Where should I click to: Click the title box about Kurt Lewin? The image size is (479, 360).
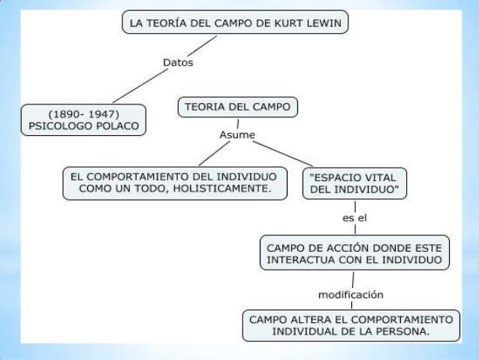pyautogui.click(x=236, y=24)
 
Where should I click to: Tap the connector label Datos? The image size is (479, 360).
pyautogui.click(x=178, y=63)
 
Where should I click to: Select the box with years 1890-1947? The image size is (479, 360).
pyautogui.click(x=83, y=119)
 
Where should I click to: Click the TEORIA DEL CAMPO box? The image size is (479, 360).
pyautogui.click(x=237, y=108)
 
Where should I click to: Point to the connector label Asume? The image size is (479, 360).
pyautogui.click(x=236, y=135)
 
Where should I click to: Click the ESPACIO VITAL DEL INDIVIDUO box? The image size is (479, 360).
pyautogui.click(x=355, y=183)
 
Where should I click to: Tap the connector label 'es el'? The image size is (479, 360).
pyautogui.click(x=354, y=219)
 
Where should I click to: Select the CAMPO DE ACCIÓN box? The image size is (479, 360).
pyautogui.click(x=354, y=253)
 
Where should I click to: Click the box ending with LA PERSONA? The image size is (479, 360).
pyautogui.click(x=351, y=325)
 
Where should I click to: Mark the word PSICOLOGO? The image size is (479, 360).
pyautogui.click(x=62, y=126)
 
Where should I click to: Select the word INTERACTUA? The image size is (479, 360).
pyautogui.click(x=300, y=260)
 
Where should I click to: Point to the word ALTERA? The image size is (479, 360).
pyautogui.click(x=305, y=318)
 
